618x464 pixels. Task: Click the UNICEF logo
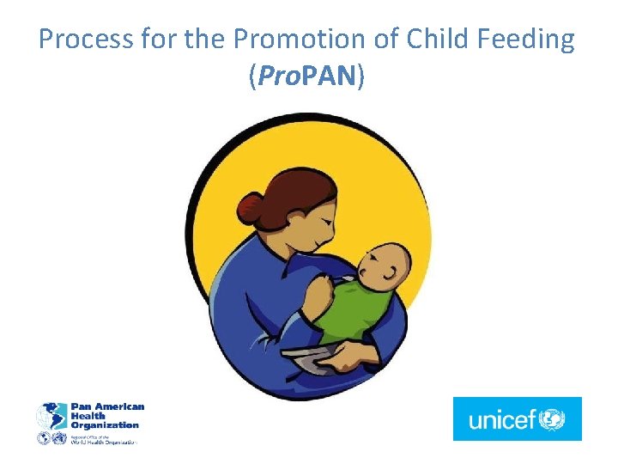pos(517,418)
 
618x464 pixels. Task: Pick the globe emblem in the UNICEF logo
pos(551,419)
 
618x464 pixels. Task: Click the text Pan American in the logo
pos(107,406)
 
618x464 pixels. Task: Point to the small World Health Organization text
pos(103,440)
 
